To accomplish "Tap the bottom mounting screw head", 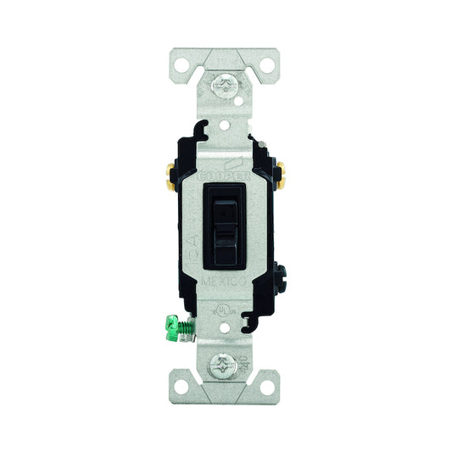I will tap(226, 367).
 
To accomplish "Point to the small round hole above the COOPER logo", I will tap(226, 125).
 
